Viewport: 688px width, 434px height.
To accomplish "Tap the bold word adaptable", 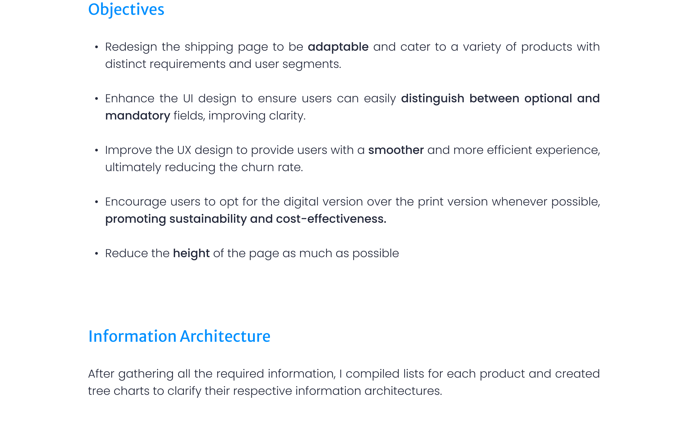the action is coord(338,47).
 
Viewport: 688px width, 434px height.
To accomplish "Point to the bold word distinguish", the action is coord(433,99).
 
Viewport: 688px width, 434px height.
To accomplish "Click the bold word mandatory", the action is coord(138,116).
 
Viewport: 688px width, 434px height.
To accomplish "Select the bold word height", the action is coord(191,254).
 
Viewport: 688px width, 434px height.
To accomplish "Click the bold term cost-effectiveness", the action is coord(331,219).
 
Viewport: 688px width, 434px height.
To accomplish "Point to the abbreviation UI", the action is coord(188,98).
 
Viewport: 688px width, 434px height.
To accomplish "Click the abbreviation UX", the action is coord(184,150).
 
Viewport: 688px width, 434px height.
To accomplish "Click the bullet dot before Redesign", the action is coord(97,47).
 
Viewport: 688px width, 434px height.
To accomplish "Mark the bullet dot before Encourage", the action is coord(97,202).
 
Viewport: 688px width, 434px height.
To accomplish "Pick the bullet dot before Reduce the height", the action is coord(97,253).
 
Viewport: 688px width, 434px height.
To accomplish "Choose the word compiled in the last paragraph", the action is coord(373,374).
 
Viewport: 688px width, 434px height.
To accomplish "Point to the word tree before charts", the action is coord(99,391).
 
